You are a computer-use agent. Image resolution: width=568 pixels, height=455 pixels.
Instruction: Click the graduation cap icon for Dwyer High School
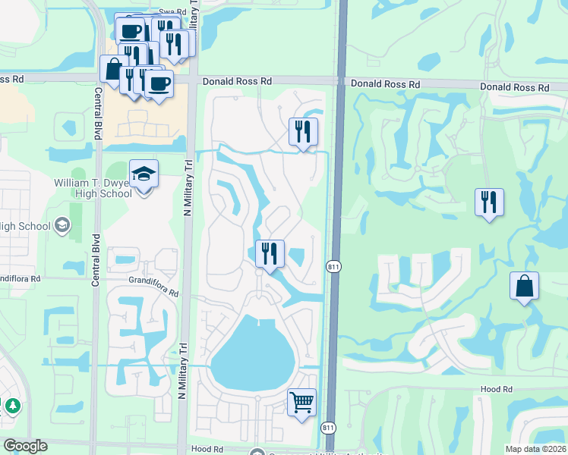144,174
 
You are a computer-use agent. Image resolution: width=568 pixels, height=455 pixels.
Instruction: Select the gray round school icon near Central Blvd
62,225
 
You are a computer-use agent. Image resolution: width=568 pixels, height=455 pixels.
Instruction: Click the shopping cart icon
301,401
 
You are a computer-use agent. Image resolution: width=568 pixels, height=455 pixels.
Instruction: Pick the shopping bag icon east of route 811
524,286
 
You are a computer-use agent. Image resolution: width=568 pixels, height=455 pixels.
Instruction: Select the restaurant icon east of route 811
489,202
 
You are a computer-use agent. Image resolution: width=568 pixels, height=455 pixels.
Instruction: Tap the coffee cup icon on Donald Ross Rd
159,83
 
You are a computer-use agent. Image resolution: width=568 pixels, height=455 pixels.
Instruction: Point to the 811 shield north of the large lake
333,267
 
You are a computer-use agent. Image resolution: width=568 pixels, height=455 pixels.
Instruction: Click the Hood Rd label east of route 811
497,388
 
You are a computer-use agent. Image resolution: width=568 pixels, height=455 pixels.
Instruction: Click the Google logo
25,446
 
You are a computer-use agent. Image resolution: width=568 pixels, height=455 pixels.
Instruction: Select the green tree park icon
12,406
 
